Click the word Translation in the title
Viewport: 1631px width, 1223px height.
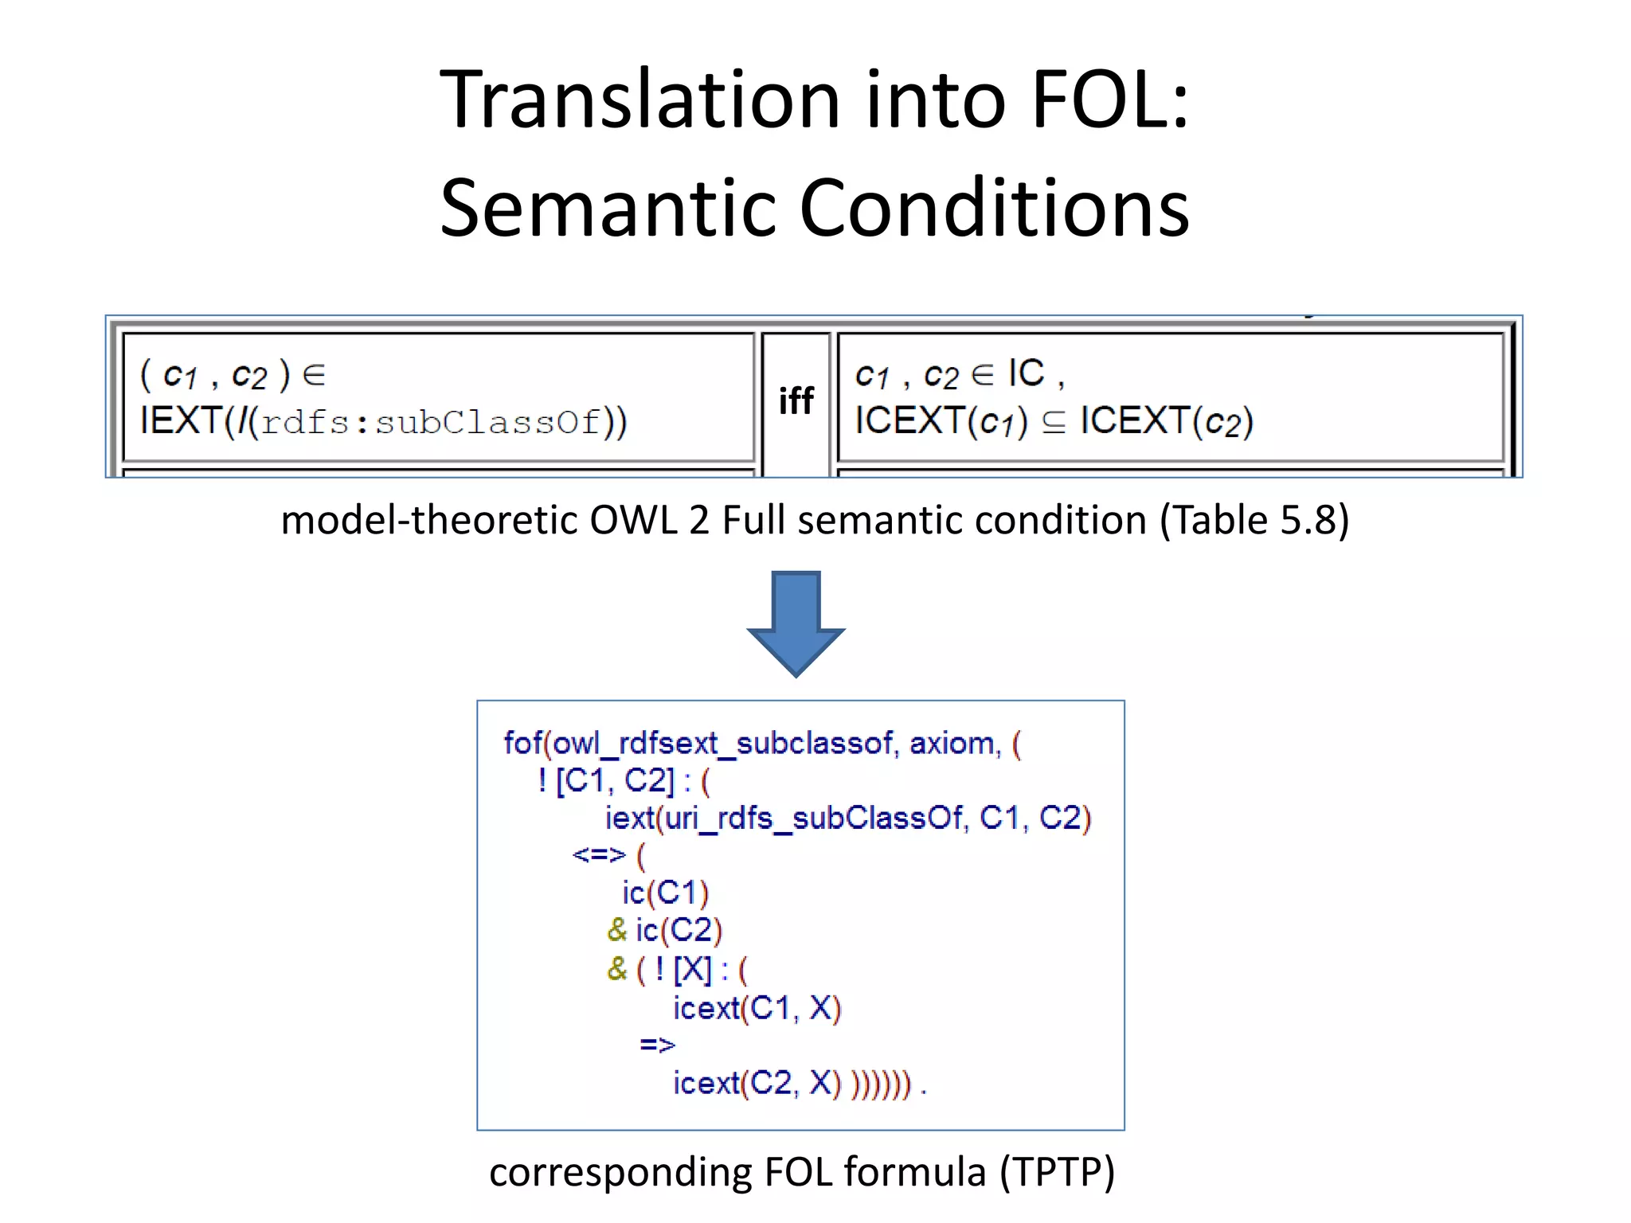tap(640, 100)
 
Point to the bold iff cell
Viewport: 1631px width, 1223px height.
tap(796, 401)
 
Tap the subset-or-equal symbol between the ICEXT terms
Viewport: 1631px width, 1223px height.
tap(1054, 422)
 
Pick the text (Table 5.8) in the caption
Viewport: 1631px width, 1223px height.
tap(1254, 521)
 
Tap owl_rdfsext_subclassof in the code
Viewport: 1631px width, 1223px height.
tap(722, 744)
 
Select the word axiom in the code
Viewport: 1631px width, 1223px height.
tap(953, 744)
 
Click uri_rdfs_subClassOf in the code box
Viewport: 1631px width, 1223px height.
tap(813, 819)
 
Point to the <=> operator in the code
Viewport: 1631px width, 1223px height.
tap(599, 855)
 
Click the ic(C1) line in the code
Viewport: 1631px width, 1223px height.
tap(665, 893)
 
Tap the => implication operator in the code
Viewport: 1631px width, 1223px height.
tap(657, 1045)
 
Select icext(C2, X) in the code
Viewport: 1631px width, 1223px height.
tap(757, 1083)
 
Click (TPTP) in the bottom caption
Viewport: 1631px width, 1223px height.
tap(1057, 1173)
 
